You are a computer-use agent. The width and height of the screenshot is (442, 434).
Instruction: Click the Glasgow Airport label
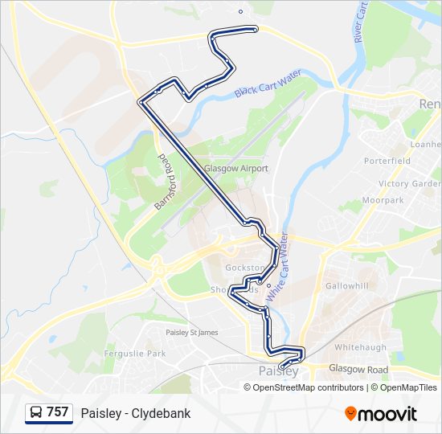(x=235, y=169)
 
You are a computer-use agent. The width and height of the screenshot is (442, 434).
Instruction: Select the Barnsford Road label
(x=165, y=182)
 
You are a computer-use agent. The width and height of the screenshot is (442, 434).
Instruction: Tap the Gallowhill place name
(x=346, y=286)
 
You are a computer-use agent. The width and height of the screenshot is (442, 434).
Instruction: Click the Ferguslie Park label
(x=134, y=354)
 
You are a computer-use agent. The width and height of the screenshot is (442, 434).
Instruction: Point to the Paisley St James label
(x=191, y=332)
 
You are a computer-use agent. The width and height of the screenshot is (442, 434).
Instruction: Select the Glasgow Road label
(x=358, y=370)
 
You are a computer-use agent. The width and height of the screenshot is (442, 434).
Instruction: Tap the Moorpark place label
(x=383, y=200)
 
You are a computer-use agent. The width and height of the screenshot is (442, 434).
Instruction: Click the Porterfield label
(x=387, y=161)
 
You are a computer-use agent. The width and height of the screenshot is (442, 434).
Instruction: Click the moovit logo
(x=381, y=414)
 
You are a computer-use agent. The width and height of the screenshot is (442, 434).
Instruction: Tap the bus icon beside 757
(x=36, y=413)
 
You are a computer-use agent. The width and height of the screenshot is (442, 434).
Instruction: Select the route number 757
(x=57, y=413)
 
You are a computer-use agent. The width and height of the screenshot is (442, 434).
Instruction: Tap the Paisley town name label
(x=279, y=371)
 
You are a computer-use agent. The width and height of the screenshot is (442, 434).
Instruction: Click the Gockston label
(x=244, y=267)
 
